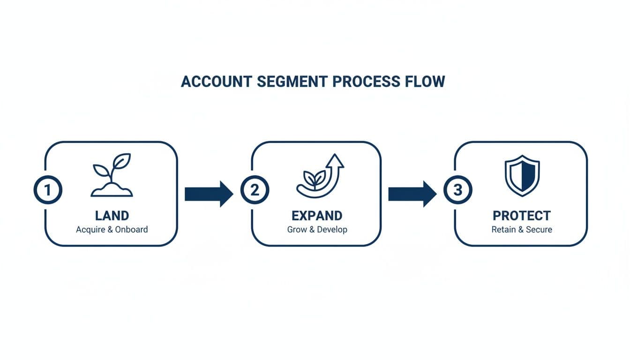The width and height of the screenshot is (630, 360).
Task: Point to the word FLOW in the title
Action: coord(424,81)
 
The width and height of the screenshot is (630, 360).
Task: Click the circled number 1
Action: coord(48,190)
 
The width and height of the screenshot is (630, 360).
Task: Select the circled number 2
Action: coord(255,190)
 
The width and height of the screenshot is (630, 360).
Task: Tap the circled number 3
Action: coord(457,190)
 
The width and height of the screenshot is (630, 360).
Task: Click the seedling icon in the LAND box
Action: coord(112,174)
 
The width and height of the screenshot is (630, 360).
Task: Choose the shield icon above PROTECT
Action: coord(522,175)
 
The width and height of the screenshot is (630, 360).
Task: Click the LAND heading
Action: coord(112,216)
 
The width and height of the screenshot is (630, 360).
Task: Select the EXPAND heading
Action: coord(317,216)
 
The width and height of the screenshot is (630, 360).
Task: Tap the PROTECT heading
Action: coord(522,216)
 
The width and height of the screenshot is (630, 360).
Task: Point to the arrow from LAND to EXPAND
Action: coord(209,194)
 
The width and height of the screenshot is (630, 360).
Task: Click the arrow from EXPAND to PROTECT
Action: coord(412,194)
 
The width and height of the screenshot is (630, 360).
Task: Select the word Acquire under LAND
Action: coord(90,230)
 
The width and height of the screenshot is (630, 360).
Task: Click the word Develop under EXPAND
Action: coord(332,230)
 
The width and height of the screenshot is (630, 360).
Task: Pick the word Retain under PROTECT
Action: coord(503,230)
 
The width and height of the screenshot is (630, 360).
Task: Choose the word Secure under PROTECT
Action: coord(539,230)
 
